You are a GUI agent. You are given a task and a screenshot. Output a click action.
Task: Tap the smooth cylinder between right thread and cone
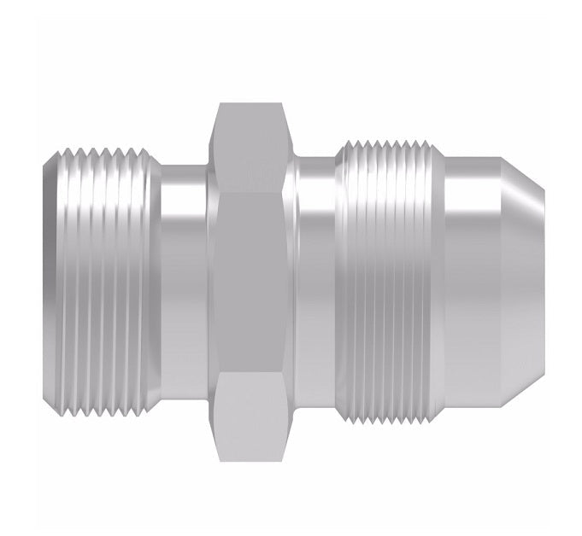475,271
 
